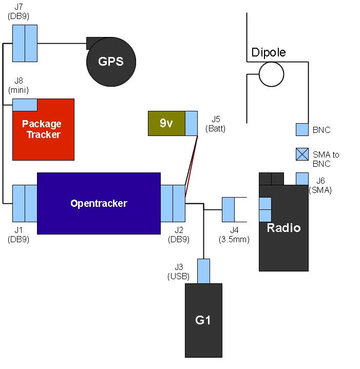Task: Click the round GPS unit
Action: click(x=111, y=62)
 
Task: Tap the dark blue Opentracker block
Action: click(x=99, y=203)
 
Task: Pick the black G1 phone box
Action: click(x=203, y=320)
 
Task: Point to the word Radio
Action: click(x=283, y=228)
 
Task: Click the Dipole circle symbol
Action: click(x=271, y=74)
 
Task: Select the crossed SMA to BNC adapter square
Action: click(x=302, y=154)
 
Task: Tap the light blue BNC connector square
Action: click(x=302, y=130)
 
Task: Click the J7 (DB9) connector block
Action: click(x=25, y=43)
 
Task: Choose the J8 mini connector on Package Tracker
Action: click(x=25, y=105)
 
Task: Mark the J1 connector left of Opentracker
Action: click(x=25, y=203)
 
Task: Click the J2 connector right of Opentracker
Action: click(x=173, y=203)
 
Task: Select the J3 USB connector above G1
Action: click(x=204, y=271)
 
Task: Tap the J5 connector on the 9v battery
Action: click(x=192, y=123)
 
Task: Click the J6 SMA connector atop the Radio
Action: click(x=302, y=179)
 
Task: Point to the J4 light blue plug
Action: click(x=228, y=209)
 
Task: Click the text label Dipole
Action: click(x=268, y=52)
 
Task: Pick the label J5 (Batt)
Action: click(x=215, y=124)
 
